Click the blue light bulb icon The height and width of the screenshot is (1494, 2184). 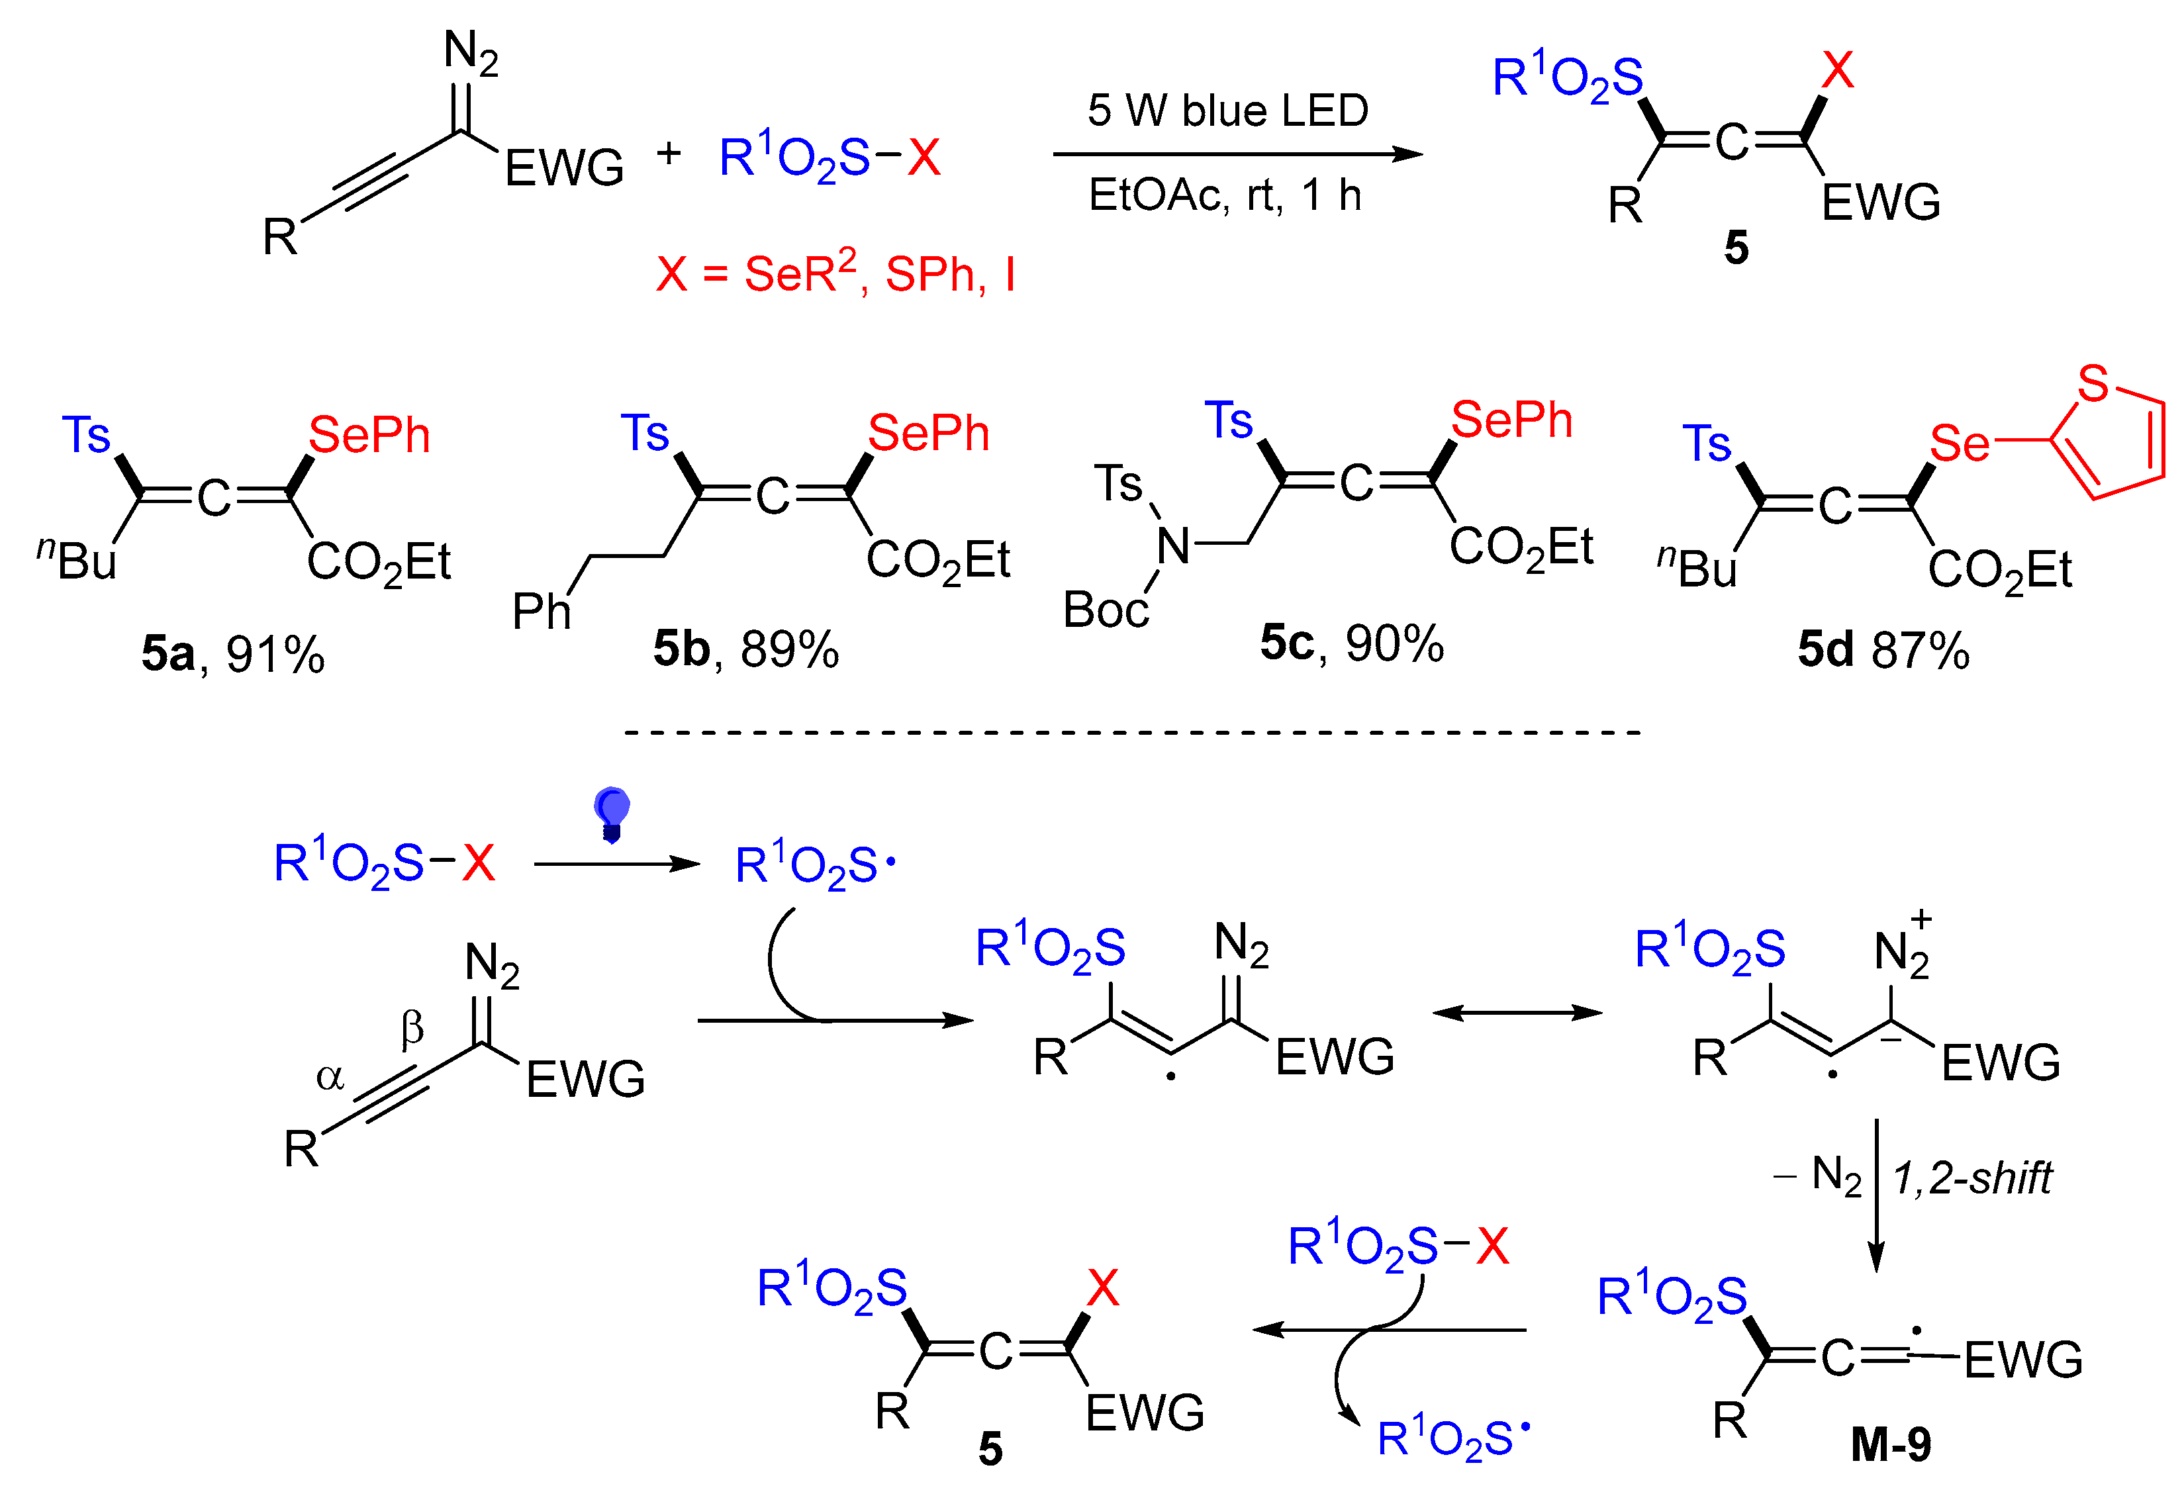coord(611,813)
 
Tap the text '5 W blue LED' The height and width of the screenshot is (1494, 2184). coord(1227,111)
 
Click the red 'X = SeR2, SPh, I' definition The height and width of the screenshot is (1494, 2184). coord(835,273)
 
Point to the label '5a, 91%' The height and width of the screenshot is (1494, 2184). coord(232,653)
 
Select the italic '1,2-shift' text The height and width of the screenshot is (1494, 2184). coord(1971,1178)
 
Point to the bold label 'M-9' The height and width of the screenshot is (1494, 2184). coord(1891,1444)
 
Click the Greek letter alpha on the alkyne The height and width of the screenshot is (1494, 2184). coord(330,1077)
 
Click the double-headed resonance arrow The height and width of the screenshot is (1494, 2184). coord(1516,1012)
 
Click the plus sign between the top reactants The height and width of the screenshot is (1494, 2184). coord(668,152)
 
